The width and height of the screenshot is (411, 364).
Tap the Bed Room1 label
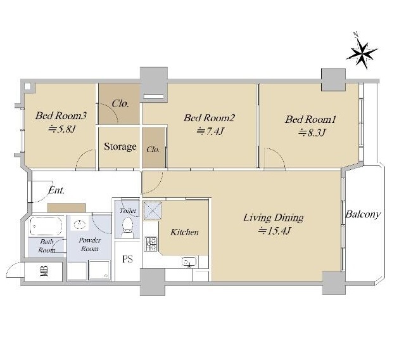coord(310,120)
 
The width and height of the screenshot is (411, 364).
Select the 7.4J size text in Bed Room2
coord(210,131)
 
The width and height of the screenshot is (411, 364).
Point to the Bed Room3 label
coord(61,116)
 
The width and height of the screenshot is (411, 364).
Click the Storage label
coord(120,146)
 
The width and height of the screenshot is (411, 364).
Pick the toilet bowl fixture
coord(128,225)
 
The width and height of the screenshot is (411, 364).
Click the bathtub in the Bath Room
coord(46,226)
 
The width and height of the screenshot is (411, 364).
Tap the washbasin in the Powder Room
coord(80,224)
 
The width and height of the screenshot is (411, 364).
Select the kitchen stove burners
coord(151,244)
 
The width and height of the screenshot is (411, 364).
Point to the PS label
coord(127,259)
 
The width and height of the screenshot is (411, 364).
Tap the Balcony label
coord(363,214)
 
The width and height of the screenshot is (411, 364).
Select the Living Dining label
coord(274,218)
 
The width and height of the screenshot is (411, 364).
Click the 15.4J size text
coord(274,231)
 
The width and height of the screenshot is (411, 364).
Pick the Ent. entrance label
coord(56,190)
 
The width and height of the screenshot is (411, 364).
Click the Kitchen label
coord(184,232)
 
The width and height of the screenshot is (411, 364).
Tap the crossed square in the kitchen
coord(152,211)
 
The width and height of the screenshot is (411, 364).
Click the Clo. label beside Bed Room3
coord(120,103)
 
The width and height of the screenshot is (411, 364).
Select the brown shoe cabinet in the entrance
coord(66,207)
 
